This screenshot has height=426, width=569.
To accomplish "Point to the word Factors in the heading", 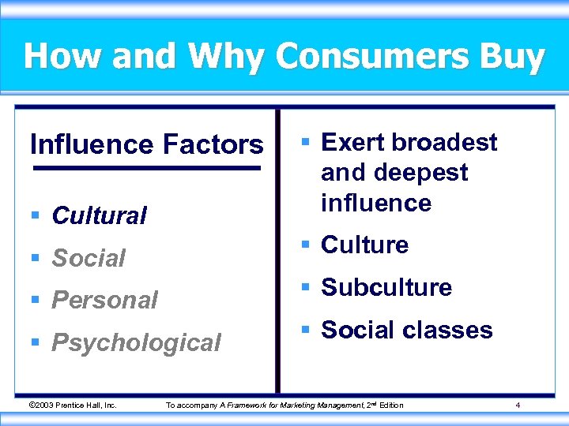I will pyautogui.click(x=213, y=144).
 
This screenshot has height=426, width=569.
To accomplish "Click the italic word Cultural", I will pyautogui.click(x=99, y=215).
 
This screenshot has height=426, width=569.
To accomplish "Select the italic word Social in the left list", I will pyautogui.click(x=89, y=258).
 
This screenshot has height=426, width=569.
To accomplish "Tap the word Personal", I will pyautogui.click(x=104, y=300).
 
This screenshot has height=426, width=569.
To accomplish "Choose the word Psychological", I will pyautogui.click(x=136, y=342).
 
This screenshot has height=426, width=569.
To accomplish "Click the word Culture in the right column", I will pyautogui.click(x=364, y=245).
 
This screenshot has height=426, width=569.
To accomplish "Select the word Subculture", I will pyautogui.click(x=386, y=287).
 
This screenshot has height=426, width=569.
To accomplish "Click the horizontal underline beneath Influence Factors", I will pyautogui.click(x=146, y=168).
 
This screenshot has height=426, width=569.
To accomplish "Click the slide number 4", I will pyautogui.click(x=517, y=405).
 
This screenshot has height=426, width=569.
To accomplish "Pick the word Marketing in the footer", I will pyautogui.click(x=292, y=405).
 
